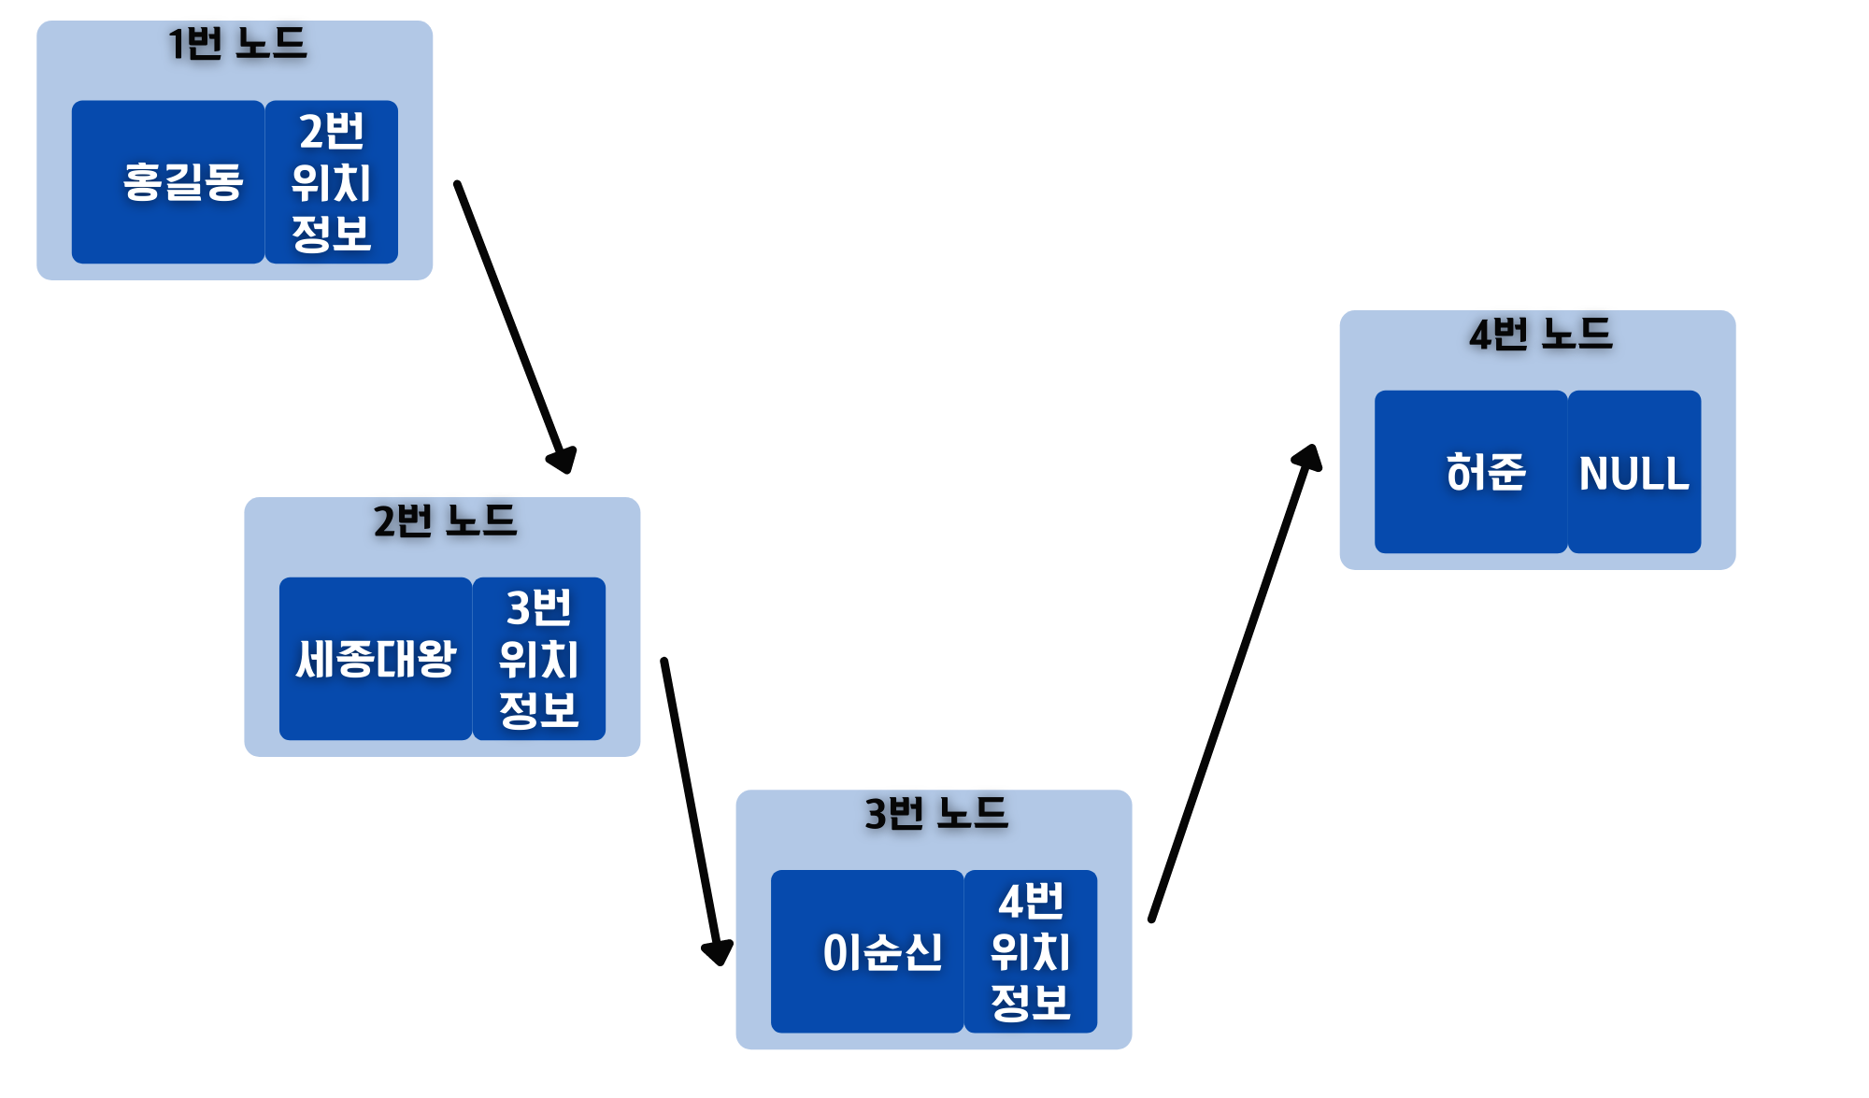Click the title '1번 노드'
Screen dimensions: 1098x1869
coord(236,44)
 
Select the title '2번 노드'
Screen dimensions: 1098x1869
coord(445,520)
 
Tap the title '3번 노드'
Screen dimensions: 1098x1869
coord(935,814)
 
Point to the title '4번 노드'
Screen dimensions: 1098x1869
coord(1540,335)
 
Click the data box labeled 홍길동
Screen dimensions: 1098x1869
coord(168,182)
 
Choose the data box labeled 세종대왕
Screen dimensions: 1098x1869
coord(376,659)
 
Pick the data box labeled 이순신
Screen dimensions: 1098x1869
coord(866,951)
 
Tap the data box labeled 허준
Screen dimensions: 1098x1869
coord(1470,472)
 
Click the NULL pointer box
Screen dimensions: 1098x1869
coord(1634,472)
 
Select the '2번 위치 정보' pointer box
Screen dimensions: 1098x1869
coord(332,182)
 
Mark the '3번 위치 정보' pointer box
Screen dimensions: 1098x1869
coord(539,659)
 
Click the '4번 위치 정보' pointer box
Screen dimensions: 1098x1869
coord(1031,951)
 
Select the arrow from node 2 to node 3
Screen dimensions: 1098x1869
coord(690,804)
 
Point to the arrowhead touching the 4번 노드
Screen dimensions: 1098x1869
coord(1308,458)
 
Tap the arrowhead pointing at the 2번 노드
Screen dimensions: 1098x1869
coord(563,460)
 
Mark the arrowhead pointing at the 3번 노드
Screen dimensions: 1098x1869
coord(718,951)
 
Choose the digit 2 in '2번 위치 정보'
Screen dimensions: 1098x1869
coord(312,132)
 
